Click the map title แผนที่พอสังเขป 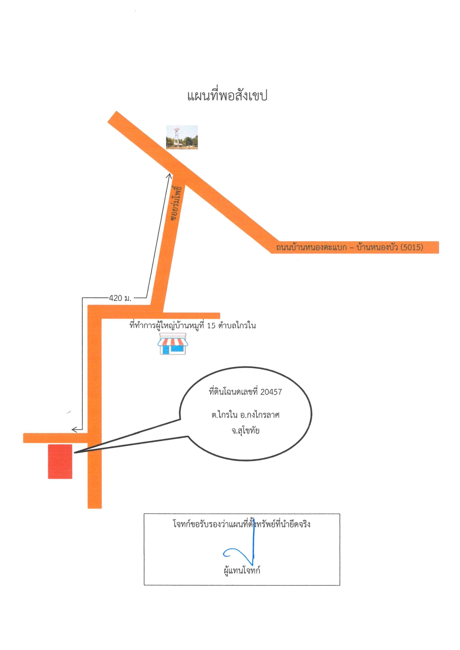tap(227, 96)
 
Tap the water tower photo tap(182, 137)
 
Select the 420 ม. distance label tap(120, 298)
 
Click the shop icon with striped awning tap(172, 344)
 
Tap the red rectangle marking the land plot tap(60, 461)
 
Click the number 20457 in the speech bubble tap(271, 392)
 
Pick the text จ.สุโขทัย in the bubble tap(246, 431)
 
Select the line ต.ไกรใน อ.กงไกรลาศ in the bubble tap(246, 415)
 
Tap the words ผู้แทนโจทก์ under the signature tap(242, 570)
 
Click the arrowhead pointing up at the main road tap(169, 176)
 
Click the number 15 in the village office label tap(211, 326)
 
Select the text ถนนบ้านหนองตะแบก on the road tap(311, 247)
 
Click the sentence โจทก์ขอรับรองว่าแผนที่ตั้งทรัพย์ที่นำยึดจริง tap(241, 524)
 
